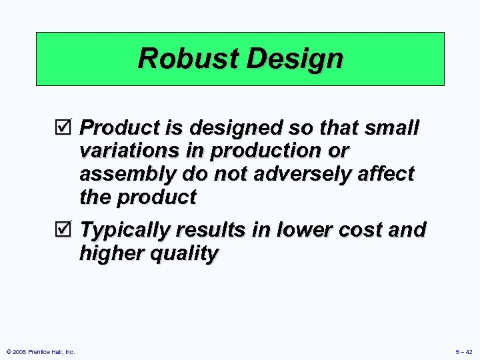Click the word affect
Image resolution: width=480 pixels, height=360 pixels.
point(385,174)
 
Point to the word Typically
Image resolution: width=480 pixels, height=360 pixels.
point(125,230)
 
